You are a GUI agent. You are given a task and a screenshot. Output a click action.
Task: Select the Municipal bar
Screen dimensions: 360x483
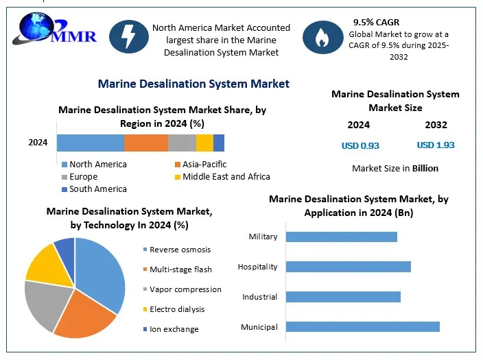(x=362, y=326)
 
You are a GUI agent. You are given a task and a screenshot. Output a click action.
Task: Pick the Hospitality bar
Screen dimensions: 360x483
(x=348, y=266)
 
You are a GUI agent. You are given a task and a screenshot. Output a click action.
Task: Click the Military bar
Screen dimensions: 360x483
(x=341, y=237)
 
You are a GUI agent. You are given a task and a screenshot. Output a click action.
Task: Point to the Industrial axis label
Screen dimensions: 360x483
(x=260, y=297)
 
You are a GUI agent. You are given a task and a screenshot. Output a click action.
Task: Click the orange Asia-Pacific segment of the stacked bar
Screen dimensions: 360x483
(x=146, y=143)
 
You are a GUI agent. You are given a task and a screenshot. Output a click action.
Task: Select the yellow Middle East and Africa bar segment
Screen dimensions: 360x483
(x=204, y=143)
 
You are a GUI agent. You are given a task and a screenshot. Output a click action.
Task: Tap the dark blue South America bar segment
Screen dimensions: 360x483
(x=219, y=143)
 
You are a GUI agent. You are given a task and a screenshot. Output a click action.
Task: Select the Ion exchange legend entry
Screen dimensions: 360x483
(x=174, y=329)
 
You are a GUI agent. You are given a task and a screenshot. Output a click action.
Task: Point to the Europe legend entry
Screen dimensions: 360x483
(x=83, y=176)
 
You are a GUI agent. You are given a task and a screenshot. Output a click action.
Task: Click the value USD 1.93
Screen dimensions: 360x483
(x=436, y=145)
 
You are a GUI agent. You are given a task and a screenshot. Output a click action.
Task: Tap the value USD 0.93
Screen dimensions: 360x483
(x=360, y=145)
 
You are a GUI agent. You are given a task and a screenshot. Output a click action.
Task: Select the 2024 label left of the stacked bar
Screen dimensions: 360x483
(x=38, y=143)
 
